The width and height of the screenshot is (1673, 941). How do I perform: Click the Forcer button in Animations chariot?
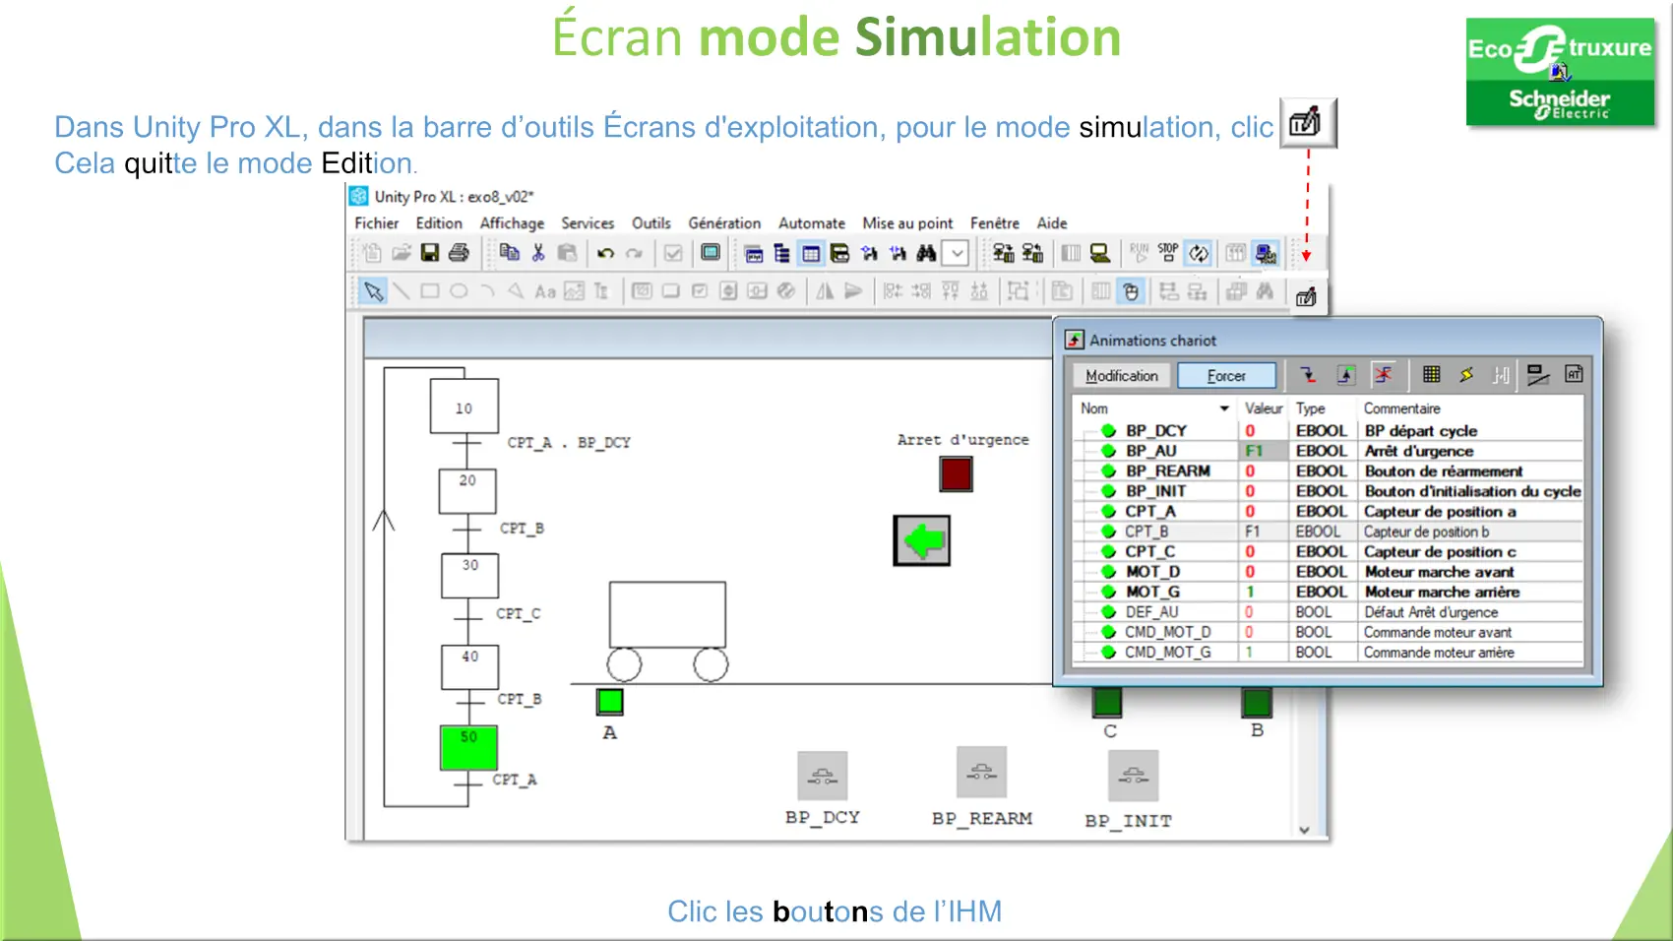pos(1225,376)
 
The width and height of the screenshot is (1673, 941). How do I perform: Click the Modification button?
pos(1121,376)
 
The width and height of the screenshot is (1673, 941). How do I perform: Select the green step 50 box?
pos(468,747)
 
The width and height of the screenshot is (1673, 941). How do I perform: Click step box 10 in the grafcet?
pos(464,407)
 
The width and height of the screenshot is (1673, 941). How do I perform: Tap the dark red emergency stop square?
pos(956,474)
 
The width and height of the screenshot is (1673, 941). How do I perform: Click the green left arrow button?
pos(922,540)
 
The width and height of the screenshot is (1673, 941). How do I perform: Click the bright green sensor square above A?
pos(609,701)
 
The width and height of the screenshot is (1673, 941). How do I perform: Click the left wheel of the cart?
pos(624,664)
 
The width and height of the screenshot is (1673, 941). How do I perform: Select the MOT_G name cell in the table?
pos(1152,593)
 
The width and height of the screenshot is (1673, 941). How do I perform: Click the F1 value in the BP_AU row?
pos(1253,451)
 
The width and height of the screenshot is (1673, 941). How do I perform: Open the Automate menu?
pos(811,223)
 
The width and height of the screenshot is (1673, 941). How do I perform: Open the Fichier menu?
pos(376,223)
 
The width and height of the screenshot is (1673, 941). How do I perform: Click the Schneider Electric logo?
pos(1560,72)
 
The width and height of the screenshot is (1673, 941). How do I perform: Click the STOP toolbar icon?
pos(1168,253)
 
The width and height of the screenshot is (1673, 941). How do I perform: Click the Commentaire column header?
pos(1402,408)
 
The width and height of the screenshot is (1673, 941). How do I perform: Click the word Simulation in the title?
pos(988,36)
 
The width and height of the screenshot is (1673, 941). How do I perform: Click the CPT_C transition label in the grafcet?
pos(519,614)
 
